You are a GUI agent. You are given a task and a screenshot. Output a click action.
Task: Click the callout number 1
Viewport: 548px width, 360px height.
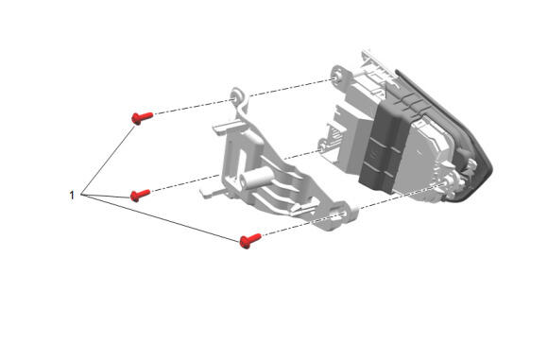[72, 195]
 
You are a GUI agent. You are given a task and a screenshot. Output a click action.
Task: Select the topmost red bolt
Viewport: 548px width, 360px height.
[142, 118]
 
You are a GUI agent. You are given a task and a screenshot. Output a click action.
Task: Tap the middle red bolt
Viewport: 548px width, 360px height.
[140, 195]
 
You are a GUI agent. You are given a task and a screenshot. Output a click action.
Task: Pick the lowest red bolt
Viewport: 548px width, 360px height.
[250, 240]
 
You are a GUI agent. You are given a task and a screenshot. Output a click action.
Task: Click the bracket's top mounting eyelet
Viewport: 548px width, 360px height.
[239, 95]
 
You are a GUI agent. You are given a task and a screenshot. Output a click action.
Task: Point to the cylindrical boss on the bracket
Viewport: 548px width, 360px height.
[255, 179]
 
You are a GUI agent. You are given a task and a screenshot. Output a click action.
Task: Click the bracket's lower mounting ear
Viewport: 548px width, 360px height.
[342, 213]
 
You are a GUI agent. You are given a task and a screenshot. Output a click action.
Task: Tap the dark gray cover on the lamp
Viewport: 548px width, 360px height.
[384, 146]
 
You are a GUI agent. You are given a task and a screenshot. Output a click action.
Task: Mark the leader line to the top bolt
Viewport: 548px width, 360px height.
[108, 160]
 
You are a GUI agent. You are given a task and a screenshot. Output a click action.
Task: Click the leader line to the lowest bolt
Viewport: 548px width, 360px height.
[160, 217]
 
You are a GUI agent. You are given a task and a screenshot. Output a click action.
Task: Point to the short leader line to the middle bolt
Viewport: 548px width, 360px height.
[106, 196]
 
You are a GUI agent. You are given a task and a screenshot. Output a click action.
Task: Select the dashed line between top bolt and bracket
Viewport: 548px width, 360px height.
[194, 107]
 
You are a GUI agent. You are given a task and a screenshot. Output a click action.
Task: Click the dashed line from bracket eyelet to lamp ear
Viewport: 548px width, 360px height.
[291, 87]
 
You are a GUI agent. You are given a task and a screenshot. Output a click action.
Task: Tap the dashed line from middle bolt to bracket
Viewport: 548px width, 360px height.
[185, 182]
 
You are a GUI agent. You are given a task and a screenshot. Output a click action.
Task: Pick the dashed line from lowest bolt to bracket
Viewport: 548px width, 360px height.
[297, 225]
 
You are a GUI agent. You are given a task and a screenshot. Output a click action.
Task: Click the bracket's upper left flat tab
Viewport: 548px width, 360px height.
[227, 127]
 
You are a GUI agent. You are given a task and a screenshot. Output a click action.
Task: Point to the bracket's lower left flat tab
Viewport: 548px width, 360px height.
[212, 192]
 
